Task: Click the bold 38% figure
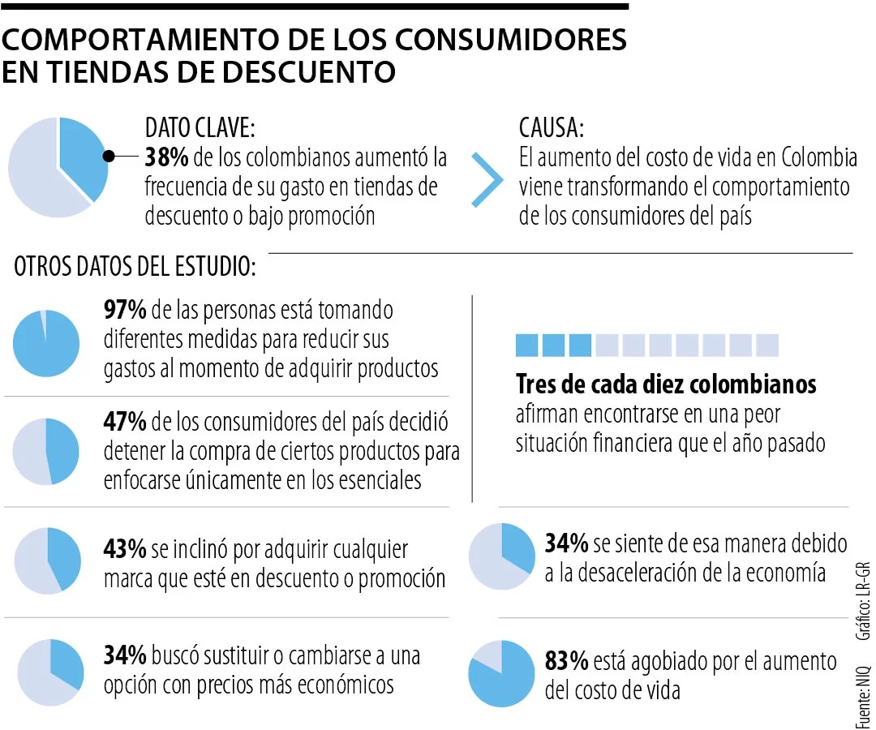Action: click(166, 157)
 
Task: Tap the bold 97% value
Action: click(125, 310)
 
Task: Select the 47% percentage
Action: click(125, 422)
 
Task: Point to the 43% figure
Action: click(125, 549)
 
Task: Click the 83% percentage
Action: click(566, 662)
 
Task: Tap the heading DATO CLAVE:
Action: click(200, 127)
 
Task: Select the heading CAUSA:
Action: click(552, 127)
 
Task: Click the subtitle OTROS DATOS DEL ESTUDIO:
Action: click(135, 268)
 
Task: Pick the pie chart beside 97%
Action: click(46, 343)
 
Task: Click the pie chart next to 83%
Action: click(502, 673)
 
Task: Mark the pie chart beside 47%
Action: click(46, 452)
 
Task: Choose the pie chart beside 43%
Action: click(48, 560)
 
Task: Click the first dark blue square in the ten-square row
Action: click(527, 346)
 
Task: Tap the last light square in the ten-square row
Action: click(766, 346)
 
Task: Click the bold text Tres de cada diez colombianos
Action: click(666, 384)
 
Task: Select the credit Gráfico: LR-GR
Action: click(862, 599)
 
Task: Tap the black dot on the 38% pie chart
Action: click(107, 157)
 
